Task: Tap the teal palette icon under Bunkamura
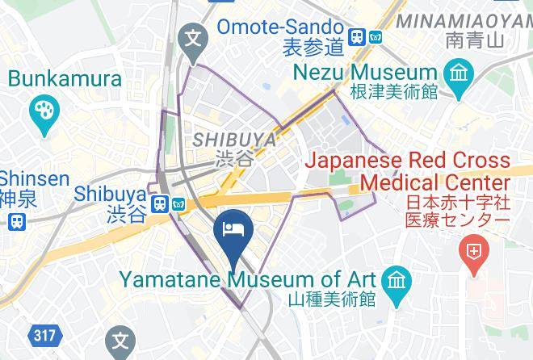click(40, 111)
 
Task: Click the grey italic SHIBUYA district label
click(234, 140)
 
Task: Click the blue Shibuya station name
click(110, 194)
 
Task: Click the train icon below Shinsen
click(15, 220)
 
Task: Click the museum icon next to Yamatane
click(397, 280)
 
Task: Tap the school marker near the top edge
click(194, 37)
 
